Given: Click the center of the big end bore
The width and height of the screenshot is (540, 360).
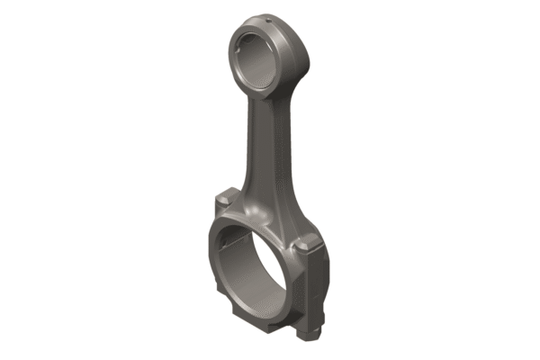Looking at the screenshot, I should [253, 265].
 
